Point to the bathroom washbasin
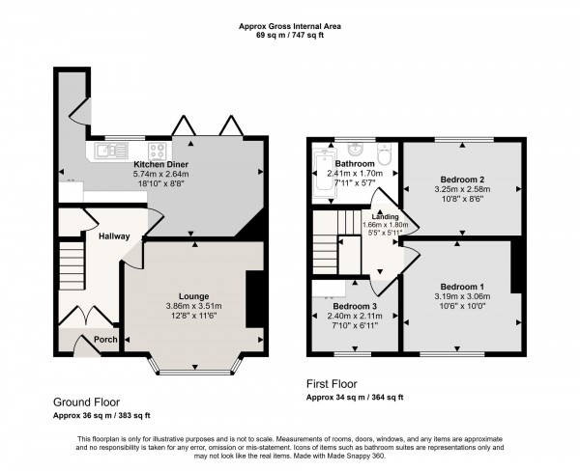(x=356, y=149)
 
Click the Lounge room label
(x=193, y=296)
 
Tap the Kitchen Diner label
(x=160, y=165)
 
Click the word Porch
(x=92, y=339)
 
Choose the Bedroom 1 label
(x=463, y=287)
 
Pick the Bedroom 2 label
(x=462, y=180)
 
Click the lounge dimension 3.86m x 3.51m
(x=193, y=307)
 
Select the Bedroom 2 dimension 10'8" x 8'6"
(x=462, y=200)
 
